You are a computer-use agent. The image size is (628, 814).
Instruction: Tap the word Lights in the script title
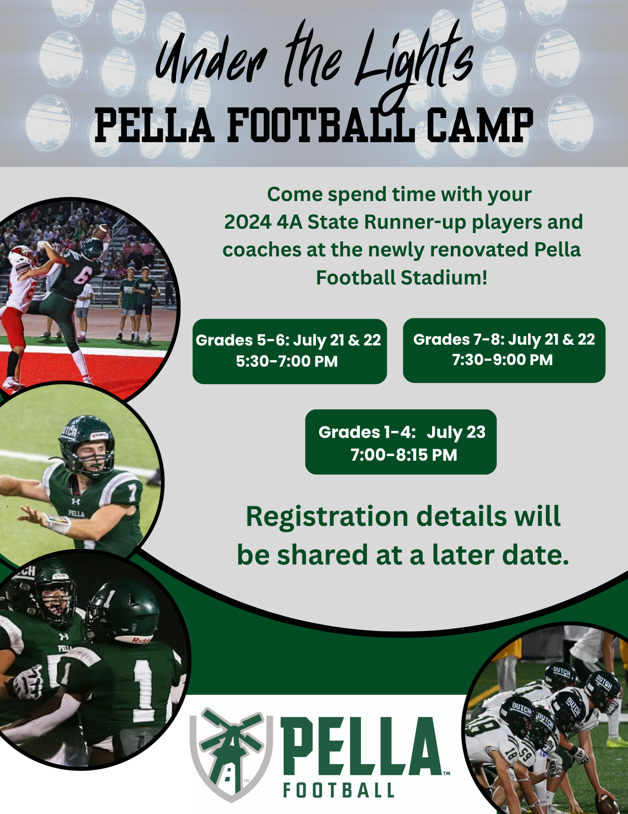point(415,61)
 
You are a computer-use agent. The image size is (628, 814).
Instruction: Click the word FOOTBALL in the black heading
point(321,125)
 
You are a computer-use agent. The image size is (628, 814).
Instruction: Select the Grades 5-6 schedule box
point(289,351)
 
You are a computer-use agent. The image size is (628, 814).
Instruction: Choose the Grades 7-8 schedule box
point(504,350)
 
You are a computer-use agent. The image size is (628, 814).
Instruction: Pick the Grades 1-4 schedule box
point(401,442)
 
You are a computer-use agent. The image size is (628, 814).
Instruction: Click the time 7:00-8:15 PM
point(404,455)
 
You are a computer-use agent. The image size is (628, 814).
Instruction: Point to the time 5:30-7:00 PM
point(287,361)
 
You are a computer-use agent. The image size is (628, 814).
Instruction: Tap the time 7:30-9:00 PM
point(503,360)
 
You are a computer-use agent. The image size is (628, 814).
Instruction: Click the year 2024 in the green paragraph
point(248,222)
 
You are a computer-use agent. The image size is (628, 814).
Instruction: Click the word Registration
point(327,517)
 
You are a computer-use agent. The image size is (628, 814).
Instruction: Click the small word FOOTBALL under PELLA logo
point(339,790)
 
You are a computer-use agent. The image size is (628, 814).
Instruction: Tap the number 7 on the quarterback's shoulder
point(132,493)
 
